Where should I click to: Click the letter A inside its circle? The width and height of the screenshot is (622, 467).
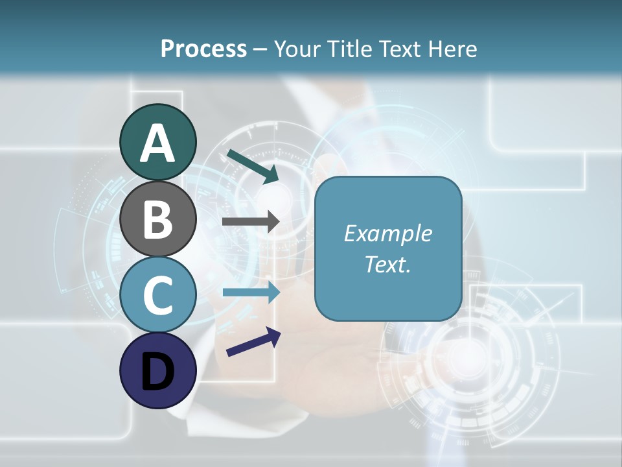pyautogui.click(x=157, y=143)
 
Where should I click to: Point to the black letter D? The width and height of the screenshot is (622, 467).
pyautogui.click(x=157, y=372)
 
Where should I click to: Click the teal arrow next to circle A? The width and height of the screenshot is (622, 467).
pyautogui.click(x=252, y=165)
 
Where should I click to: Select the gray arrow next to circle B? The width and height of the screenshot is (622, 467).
pyautogui.click(x=250, y=221)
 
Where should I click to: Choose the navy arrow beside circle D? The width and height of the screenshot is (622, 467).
pyautogui.click(x=253, y=342)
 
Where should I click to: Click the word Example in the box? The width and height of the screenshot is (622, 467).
pyautogui.click(x=387, y=233)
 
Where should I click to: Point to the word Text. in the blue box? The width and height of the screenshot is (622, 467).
pyautogui.click(x=387, y=264)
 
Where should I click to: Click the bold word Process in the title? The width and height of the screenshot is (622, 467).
pyautogui.click(x=203, y=49)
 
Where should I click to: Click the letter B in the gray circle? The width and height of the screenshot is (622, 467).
pyautogui.click(x=157, y=219)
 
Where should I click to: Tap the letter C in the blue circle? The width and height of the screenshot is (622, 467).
pyautogui.click(x=157, y=296)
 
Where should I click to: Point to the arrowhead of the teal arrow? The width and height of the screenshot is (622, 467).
pyautogui.click(x=272, y=174)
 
